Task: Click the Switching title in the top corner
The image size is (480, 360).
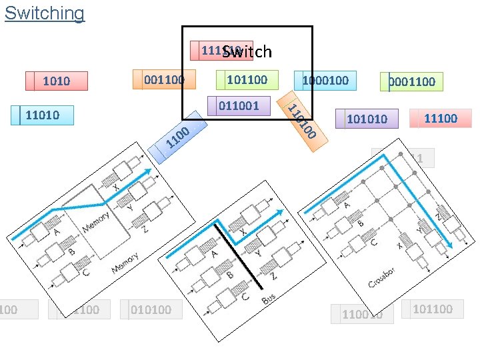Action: [x=45, y=13]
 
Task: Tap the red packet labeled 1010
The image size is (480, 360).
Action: [x=57, y=81]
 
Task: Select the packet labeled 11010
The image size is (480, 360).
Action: [x=42, y=115]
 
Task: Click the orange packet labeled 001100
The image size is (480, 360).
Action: [x=164, y=80]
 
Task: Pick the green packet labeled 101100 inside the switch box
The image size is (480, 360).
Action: [x=247, y=80]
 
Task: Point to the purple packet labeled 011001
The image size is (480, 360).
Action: [x=239, y=105]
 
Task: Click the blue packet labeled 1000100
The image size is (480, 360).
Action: [x=325, y=81]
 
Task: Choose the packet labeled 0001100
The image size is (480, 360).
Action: [x=412, y=81]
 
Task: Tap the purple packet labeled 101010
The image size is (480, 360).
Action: [x=367, y=119]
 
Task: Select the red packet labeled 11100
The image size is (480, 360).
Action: [x=441, y=118]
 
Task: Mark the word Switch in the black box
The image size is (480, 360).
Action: [x=247, y=51]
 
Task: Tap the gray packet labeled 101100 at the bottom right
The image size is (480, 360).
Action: [x=432, y=309]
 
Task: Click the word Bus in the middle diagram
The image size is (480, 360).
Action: [x=269, y=299]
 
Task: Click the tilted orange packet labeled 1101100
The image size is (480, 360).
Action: [x=302, y=120]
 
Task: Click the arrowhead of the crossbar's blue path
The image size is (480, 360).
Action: [x=449, y=245]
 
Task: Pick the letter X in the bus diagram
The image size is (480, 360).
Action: [x=244, y=231]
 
